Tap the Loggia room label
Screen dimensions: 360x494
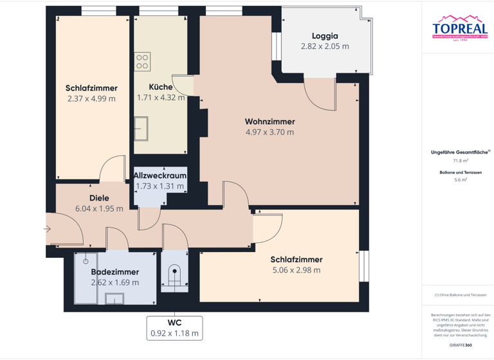click(325, 36)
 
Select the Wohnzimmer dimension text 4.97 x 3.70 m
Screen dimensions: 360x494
click(270, 132)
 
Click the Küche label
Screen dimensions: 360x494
click(160, 87)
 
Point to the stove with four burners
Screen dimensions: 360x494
click(142, 62)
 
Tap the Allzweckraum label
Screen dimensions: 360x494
click(160, 175)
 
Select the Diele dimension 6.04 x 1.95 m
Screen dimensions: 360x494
click(99, 209)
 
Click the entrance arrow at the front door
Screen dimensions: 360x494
click(48, 228)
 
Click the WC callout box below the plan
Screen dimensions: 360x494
click(174, 328)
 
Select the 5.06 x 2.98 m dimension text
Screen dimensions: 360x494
click(296, 271)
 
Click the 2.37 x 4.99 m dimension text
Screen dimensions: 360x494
click(91, 99)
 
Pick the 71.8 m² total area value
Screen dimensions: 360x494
click(460, 161)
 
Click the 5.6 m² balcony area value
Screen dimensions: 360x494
click(460, 180)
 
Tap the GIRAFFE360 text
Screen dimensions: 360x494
click(460, 346)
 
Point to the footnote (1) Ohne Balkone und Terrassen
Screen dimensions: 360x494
click(460, 294)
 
